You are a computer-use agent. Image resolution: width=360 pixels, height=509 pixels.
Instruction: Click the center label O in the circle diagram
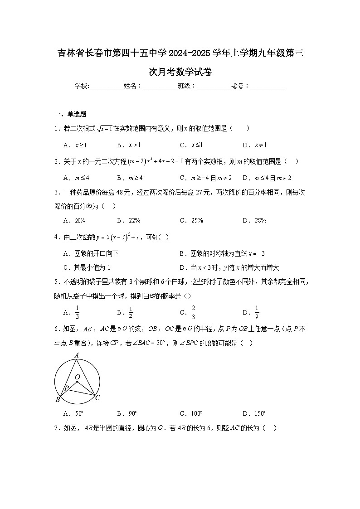77,377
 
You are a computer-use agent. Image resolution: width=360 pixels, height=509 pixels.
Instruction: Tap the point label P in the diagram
66,388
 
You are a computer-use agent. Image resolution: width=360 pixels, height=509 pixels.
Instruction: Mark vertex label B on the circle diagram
58,399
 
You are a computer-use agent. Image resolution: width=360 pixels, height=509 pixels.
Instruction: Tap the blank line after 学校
106,86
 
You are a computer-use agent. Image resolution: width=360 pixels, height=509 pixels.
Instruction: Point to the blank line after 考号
268,86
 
